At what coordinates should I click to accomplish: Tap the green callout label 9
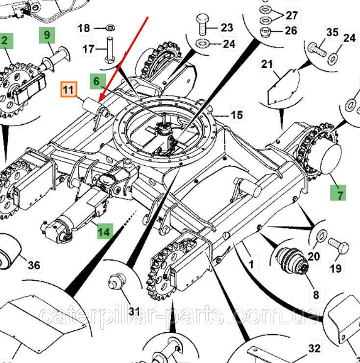click(47, 35)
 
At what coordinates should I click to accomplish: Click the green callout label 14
click(104, 231)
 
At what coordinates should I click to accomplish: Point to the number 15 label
click(237, 115)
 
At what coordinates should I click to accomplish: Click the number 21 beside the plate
click(266, 64)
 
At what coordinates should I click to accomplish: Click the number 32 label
click(314, 349)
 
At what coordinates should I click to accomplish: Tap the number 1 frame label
click(251, 265)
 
